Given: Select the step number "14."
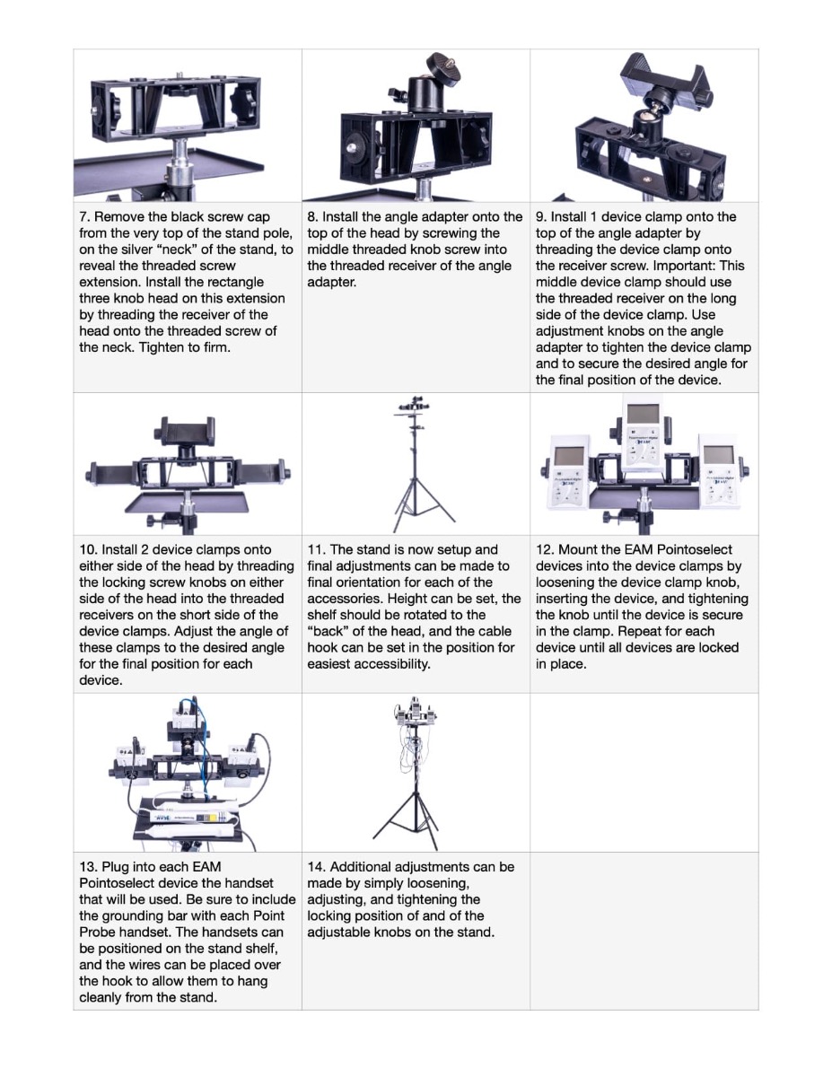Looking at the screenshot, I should (x=316, y=867).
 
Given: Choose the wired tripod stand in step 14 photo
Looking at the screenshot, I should (x=415, y=774).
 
